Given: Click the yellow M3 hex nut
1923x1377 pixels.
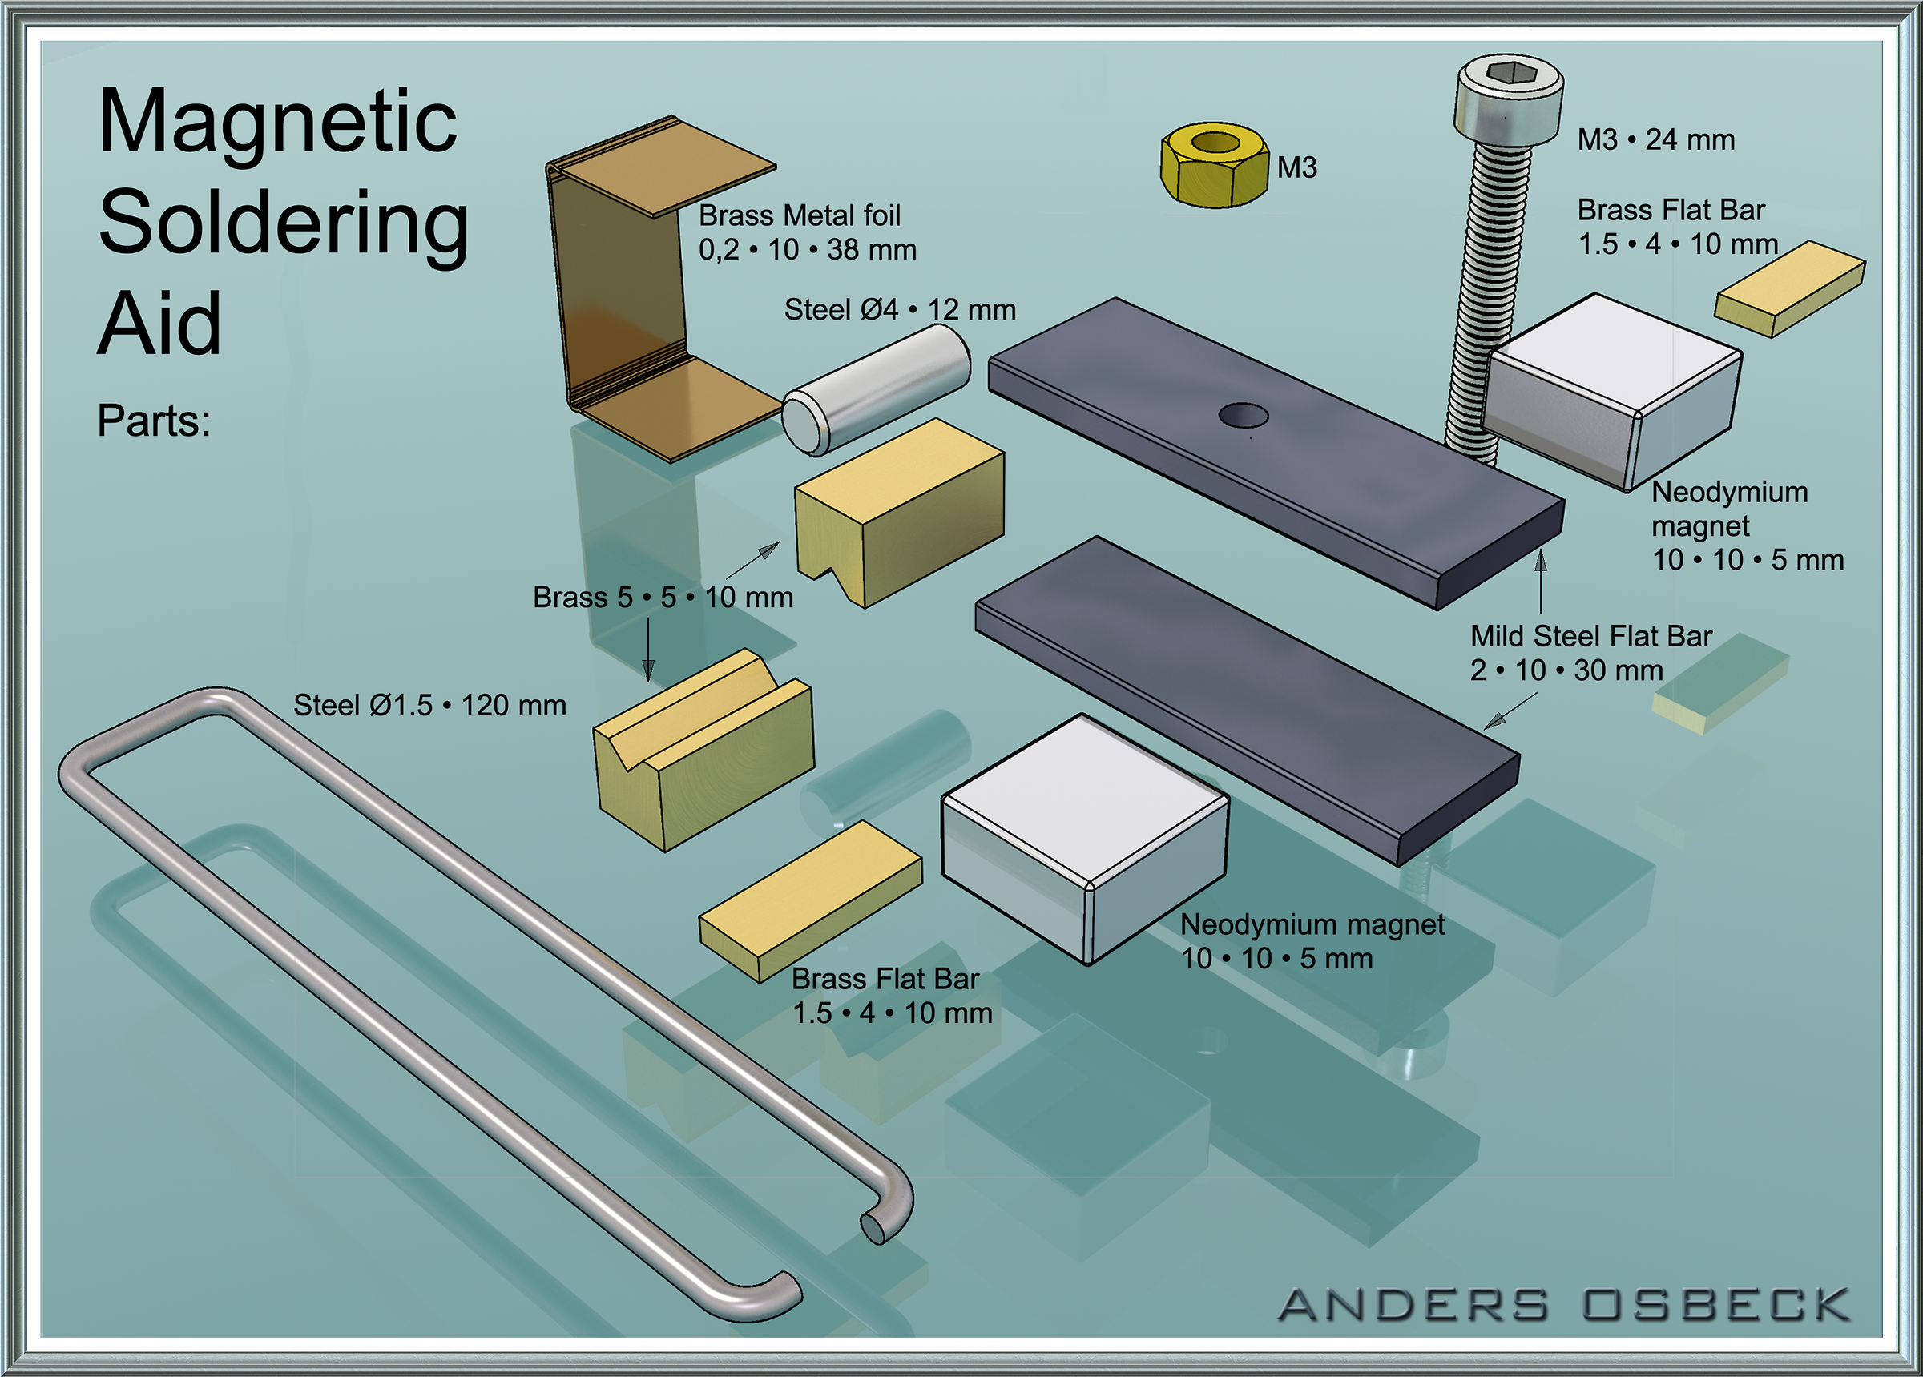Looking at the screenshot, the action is (x=1214, y=164).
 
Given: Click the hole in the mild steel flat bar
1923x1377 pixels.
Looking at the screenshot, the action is (x=1243, y=416).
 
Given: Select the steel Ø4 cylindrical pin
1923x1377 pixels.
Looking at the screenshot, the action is (x=876, y=389).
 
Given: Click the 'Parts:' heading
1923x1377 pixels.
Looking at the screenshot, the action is (x=154, y=421).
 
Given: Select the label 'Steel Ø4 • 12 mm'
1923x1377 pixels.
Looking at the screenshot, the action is (x=900, y=309).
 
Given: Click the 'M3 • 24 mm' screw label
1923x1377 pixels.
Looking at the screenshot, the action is (x=1656, y=139).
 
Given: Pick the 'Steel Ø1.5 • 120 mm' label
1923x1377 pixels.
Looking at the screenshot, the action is (x=430, y=706).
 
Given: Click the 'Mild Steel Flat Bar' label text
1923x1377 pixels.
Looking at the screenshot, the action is (x=1591, y=636).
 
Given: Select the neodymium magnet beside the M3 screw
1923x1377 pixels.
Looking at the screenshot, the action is (x=1611, y=392).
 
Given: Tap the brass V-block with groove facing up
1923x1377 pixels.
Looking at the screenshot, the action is (x=703, y=751).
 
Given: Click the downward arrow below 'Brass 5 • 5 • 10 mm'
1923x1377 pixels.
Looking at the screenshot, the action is (x=649, y=650).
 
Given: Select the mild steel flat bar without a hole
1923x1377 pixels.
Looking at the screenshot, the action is (x=1248, y=700).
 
